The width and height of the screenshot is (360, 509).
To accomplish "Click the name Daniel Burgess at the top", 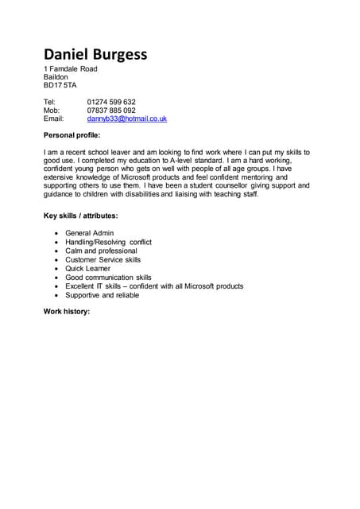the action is pyautogui.click(x=95, y=54).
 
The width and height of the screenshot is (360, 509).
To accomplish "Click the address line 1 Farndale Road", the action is pyautogui.click(x=70, y=69).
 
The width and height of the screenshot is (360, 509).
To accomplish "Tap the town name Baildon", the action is pyautogui.click(x=56, y=77).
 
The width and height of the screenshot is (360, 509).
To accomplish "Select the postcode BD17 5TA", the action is pyautogui.click(x=60, y=85).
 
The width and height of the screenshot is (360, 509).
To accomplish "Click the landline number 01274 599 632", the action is pyautogui.click(x=111, y=102).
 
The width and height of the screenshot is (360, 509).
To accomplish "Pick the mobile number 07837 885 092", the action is pyautogui.click(x=111, y=111).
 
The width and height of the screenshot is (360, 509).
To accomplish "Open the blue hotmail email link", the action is pyautogui.click(x=126, y=119).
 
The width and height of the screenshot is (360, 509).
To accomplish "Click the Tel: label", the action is pyautogui.click(x=49, y=102).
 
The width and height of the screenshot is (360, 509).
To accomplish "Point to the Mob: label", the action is pyautogui.click(x=51, y=111).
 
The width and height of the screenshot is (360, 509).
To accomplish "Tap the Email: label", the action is pyautogui.click(x=53, y=119).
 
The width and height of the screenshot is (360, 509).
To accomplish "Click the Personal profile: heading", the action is pyautogui.click(x=78, y=135).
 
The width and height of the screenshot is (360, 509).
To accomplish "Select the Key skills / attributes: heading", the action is pyautogui.click(x=80, y=216).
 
